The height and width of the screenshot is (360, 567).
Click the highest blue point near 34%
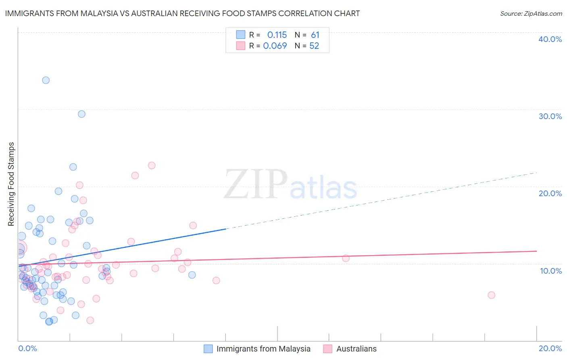[x=46, y=80]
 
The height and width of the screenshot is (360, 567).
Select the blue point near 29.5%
[x=81, y=114]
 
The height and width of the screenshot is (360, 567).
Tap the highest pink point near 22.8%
[x=152, y=165]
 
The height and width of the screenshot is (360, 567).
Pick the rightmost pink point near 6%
[x=491, y=295]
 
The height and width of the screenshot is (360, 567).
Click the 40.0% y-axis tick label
[x=550, y=39]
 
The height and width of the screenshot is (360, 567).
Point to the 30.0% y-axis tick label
[x=550, y=116]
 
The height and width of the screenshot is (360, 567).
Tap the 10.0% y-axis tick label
[x=551, y=271]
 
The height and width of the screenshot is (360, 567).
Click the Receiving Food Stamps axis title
[x=11, y=184]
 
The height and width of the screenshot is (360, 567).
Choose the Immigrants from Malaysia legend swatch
[x=208, y=349]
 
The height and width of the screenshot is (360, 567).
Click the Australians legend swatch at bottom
[x=327, y=349]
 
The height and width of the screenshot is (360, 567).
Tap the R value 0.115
[x=277, y=35]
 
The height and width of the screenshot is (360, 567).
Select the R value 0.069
[x=275, y=46]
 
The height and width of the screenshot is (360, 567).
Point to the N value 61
[x=315, y=35]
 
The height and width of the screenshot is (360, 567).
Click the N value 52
[x=314, y=46]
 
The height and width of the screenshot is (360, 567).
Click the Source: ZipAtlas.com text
[x=531, y=14]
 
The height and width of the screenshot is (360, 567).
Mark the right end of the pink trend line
[x=537, y=251]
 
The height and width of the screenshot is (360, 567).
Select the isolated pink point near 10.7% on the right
[x=346, y=258]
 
